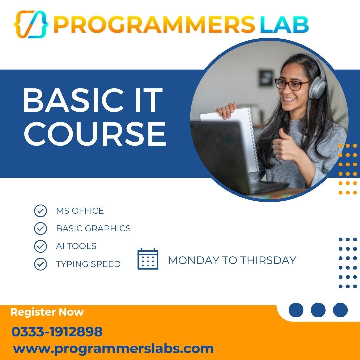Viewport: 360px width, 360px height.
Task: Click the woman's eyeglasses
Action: click(x=291, y=84)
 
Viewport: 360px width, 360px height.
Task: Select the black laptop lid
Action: click(x=220, y=157)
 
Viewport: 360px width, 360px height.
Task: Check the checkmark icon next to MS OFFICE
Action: click(x=40, y=211)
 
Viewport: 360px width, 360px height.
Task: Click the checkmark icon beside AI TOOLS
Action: click(x=40, y=246)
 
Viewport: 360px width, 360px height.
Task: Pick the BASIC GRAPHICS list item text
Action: click(x=93, y=228)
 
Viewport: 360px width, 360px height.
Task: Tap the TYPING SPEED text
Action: click(x=88, y=264)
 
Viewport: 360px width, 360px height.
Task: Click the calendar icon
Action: click(x=148, y=259)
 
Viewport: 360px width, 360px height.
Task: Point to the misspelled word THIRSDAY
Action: click(x=268, y=260)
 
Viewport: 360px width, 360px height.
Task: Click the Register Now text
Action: click(x=47, y=312)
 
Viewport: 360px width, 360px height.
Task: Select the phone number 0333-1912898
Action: click(x=57, y=332)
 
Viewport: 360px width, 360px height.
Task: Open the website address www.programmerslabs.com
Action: click(x=113, y=349)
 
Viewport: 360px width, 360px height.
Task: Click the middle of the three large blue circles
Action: click(x=318, y=310)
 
